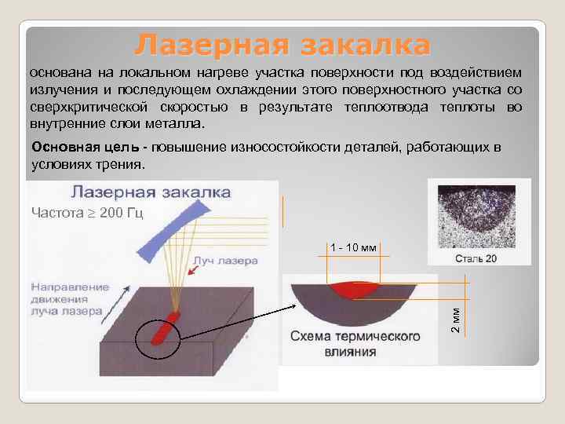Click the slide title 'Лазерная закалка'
(x=282, y=45)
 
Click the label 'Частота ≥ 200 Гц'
(x=86, y=213)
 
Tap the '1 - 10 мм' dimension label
(x=353, y=248)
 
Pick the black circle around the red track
(x=156, y=338)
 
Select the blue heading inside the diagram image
(x=151, y=191)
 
